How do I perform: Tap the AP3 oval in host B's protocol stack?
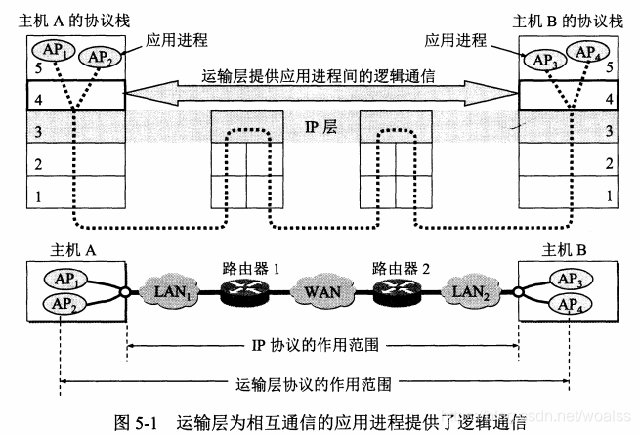point(544,58)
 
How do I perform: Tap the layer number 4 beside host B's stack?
point(609,98)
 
